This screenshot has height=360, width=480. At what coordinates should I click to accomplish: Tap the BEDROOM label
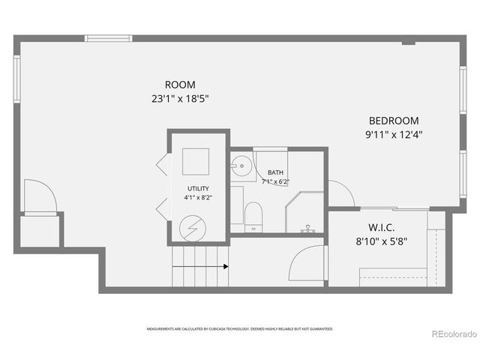393,121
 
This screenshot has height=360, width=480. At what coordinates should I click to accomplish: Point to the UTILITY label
199,188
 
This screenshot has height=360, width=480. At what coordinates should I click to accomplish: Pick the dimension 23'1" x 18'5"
179,98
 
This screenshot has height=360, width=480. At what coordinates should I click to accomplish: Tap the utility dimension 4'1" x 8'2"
199,197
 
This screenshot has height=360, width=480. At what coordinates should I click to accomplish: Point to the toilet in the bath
253,214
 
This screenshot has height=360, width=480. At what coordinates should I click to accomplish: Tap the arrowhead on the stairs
225,265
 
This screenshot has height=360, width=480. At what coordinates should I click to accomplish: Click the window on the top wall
108,38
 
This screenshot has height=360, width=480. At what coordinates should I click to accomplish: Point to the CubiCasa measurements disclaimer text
240,328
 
